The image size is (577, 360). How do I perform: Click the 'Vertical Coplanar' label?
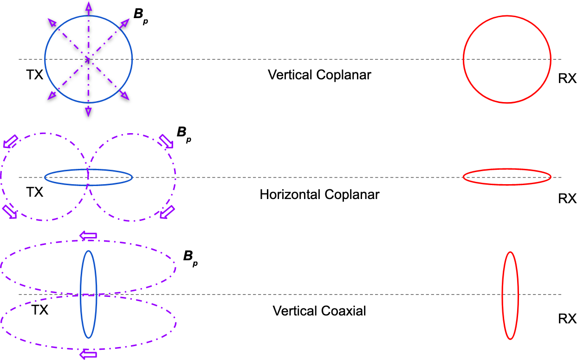point(319,75)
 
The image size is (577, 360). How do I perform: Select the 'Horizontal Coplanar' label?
point(319,194)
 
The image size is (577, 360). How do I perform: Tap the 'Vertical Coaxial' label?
point(319,310)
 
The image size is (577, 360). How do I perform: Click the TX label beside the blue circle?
point(34,75)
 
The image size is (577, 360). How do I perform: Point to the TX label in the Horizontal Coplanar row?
point(34,192)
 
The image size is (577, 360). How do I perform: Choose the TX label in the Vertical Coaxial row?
point(39,310)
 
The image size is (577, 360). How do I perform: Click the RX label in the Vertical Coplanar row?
point(567,79)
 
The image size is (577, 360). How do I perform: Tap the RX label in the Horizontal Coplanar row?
point(567,199)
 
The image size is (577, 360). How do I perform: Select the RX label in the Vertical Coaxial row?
point(567,319)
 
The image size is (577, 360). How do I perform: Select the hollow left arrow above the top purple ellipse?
point(88,236)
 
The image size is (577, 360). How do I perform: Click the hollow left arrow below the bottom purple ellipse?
point(88,355)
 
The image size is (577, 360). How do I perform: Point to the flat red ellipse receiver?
point(507,177)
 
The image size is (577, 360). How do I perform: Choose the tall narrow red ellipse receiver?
point(510,295)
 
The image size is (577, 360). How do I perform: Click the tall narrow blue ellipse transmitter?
point(88,294)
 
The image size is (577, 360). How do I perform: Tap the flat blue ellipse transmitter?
point(88,177)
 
